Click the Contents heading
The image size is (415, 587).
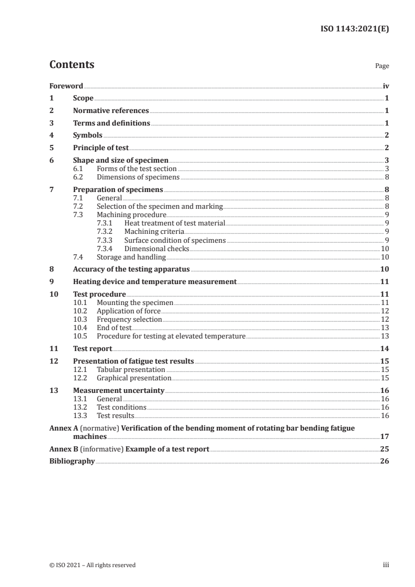(72, 65)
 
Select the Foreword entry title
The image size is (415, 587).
(66, 86)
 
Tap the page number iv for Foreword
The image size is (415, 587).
(386, 86)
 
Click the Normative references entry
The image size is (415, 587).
(111, 111)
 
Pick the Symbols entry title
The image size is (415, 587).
(87, 136)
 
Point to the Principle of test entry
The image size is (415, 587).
(100, 148)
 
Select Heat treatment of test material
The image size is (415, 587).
(174, 223)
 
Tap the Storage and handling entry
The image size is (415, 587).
(131, 257)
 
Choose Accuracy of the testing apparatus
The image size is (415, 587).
(131, 269)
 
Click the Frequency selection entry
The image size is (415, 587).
(129, 319)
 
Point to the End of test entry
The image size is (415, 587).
(114, 328)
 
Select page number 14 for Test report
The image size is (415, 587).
(385, 348)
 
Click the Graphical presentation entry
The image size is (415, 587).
(134, 378)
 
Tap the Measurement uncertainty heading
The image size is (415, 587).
(118, 390)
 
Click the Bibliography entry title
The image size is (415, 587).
(72, 461)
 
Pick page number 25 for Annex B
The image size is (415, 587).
(385, 449)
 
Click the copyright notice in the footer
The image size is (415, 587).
(92, 565)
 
